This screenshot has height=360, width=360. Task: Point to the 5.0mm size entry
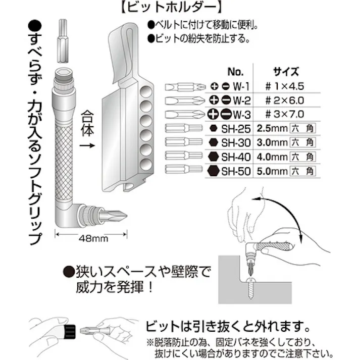[x=272, y=171]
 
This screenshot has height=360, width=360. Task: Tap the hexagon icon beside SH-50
[x=212, y=171]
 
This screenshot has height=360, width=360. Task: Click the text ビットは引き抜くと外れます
[x=226, y=324]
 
